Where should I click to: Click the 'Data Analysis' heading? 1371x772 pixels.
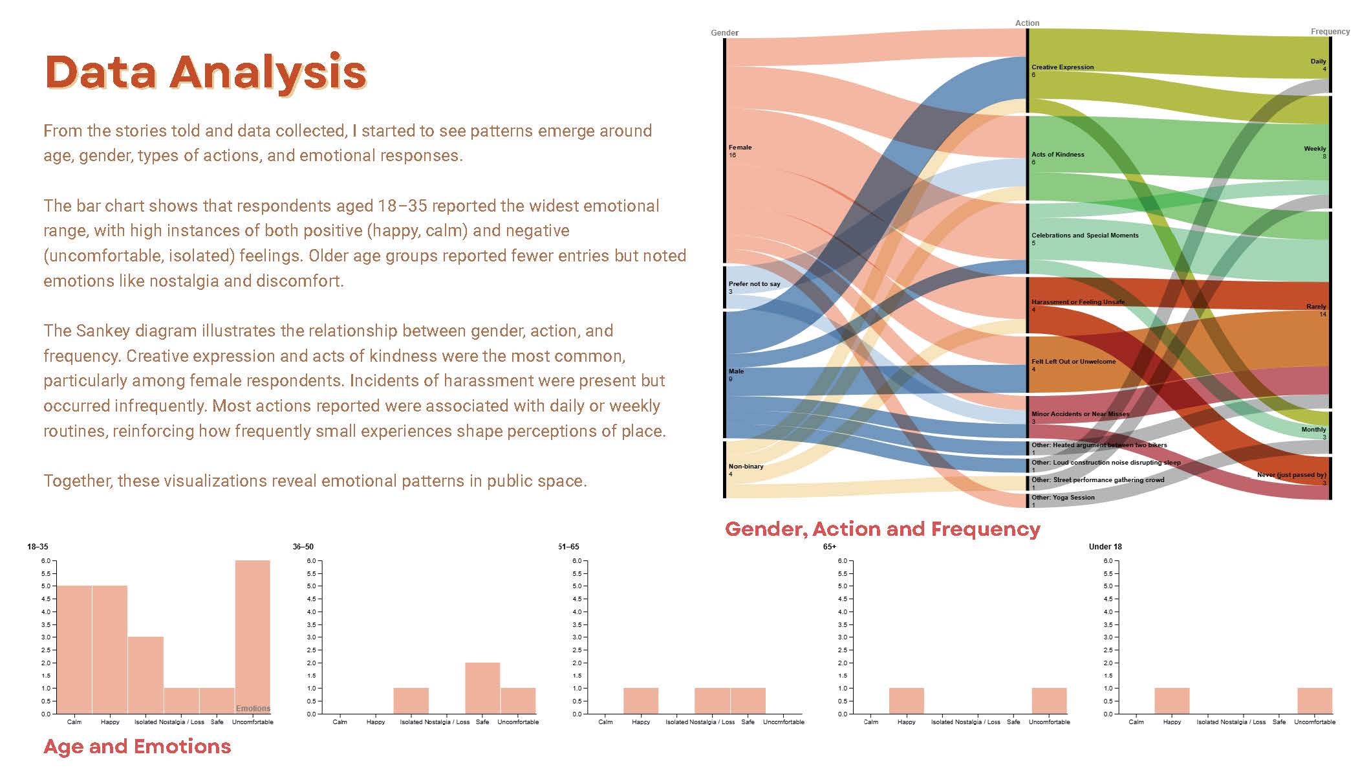(x=206, y=72)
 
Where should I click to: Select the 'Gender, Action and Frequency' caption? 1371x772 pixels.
(x=882, y=529)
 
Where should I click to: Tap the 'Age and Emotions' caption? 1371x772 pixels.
(x=137, y=747)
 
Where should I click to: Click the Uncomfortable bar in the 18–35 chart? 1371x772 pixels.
(x=252, y=637)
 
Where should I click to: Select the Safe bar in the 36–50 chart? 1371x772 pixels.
(x=482, y=688)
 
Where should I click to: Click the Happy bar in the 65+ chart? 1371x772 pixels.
(x=907, y=701)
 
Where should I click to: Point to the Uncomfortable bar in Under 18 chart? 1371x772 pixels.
(x=1315, y=701)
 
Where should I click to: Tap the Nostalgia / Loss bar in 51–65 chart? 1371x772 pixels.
(x=712, y=701)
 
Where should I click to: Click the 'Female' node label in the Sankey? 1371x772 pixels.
(x=740, y=148)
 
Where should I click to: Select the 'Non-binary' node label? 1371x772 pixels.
(x=746, y=467)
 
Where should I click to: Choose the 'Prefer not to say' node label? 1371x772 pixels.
(x=754, y=284)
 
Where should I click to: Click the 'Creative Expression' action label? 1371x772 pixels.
(x=1063, y=67)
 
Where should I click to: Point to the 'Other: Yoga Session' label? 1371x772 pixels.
(x=1063, y=498)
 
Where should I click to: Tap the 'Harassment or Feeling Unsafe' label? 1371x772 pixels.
(x=1077, y=302)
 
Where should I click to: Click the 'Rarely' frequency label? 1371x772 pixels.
(x=1315, y=307)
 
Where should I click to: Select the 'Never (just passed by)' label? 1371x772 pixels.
(x=1291, y=475)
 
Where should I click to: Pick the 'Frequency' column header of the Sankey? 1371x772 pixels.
(x=1330, y=32)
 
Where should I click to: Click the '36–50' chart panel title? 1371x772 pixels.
(x=303, y=547)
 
